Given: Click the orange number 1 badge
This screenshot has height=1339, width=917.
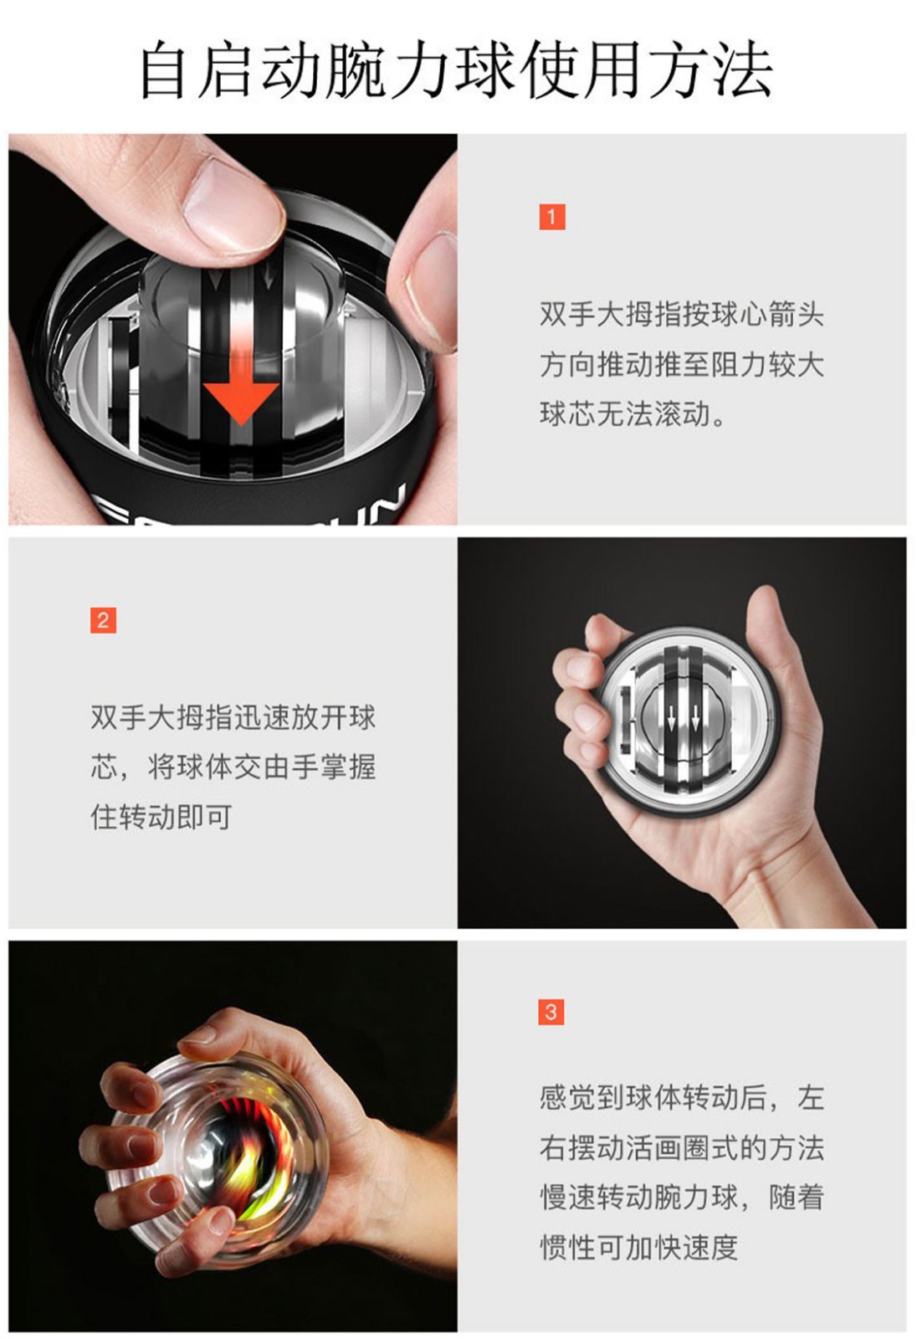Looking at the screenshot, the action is coord(551,217).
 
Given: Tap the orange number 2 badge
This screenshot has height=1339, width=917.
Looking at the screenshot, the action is coord(103,620).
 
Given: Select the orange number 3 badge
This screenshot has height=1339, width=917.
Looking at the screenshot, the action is coord(551,1012).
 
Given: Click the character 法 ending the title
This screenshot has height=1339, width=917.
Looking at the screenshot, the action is coord(744,70).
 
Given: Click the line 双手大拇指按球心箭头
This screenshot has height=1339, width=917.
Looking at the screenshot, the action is coord(681,314).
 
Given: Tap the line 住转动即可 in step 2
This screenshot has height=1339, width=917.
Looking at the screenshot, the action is coord(161,817).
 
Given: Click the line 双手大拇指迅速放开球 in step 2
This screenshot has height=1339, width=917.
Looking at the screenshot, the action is coord(233,717).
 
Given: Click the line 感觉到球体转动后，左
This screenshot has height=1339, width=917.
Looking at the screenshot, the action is coord(681,1097).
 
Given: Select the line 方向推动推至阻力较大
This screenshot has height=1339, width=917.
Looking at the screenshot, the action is coord(681,364).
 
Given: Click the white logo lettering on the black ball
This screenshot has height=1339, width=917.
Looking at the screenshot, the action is coord(251,507).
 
